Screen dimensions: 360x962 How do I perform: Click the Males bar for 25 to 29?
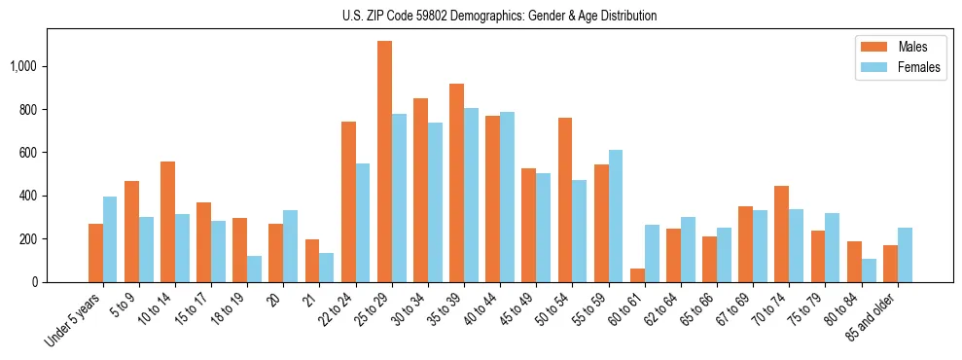384,162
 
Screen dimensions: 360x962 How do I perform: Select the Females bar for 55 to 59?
616,216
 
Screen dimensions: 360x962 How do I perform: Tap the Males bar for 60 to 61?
637,275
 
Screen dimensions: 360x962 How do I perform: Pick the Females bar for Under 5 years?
110,239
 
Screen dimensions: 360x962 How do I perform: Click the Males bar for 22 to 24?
348,201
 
